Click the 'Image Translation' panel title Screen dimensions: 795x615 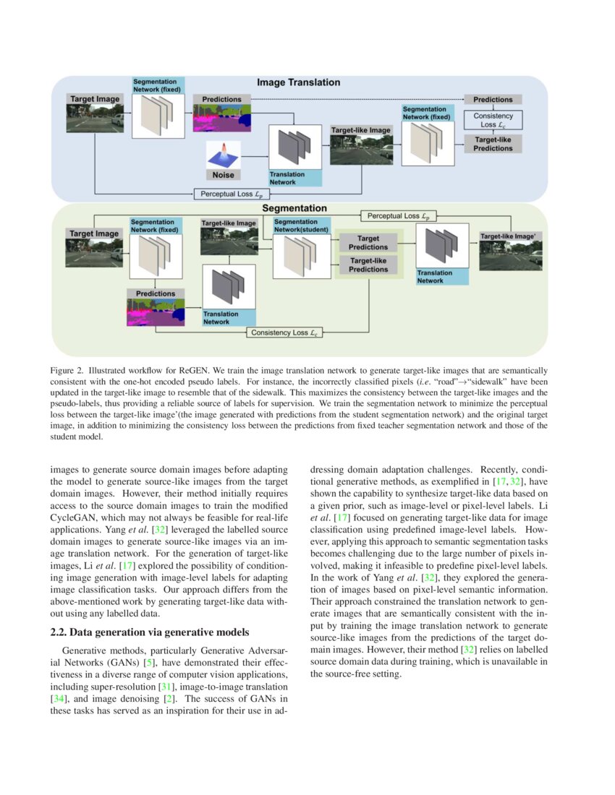[x=299, y=82]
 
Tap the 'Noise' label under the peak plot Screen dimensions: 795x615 [x=223, y=174]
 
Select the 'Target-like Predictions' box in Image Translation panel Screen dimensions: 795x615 [x=493, y=143]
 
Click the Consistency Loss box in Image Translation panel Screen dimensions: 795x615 [x=493, y=119]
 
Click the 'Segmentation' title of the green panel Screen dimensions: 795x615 [x=289, y=208]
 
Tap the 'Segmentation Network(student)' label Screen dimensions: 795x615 [x=302, y=225]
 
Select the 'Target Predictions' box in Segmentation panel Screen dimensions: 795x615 [x=368, y=242]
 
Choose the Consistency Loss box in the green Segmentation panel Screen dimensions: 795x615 [x=284, y=332]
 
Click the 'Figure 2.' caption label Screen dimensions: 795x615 [x=67, y=370]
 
